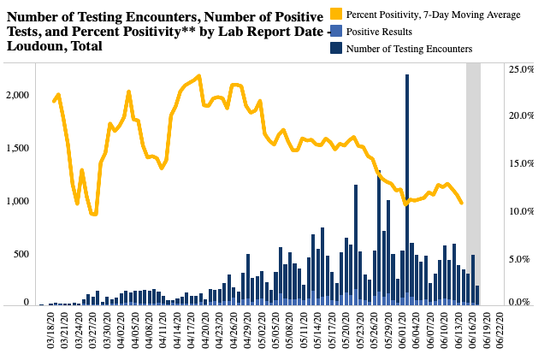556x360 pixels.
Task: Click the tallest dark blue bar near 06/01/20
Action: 406,188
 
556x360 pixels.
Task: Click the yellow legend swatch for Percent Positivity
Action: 337,15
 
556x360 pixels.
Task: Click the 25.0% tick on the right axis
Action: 520,69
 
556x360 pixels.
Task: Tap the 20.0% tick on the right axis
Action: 520,116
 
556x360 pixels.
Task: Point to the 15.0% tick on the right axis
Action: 520,163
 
